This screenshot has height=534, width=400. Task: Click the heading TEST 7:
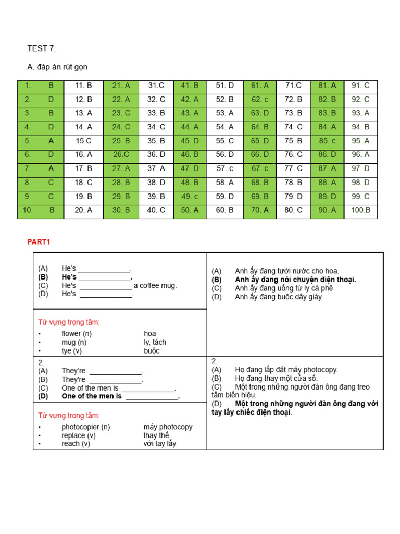[41, 49]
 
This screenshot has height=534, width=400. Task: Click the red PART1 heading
[38, 241]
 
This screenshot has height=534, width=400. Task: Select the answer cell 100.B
[360, 210]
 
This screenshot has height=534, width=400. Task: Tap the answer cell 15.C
[83, 141]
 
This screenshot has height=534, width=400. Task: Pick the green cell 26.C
[121, 154]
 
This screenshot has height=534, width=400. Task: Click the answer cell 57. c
[224, 168]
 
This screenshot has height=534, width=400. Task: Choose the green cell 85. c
[327, 141]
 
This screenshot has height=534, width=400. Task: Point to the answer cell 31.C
[156, 86]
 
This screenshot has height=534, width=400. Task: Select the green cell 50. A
[190, 210]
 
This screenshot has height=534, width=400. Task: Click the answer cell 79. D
[293, 196]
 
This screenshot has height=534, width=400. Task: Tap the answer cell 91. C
[360, 86]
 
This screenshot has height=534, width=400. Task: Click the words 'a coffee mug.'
[155, 285]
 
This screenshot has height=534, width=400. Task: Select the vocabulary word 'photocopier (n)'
[85, 427]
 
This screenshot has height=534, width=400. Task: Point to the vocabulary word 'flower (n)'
[77, 333]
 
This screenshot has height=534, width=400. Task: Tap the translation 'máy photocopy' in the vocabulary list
[168, 427]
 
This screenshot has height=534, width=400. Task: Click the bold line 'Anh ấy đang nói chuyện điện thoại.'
[295, 280]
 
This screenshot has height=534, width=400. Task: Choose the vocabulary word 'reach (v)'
[78, 443]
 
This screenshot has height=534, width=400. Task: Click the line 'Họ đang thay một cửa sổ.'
[276, 378]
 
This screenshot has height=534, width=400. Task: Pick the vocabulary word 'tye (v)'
[71, 350]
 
